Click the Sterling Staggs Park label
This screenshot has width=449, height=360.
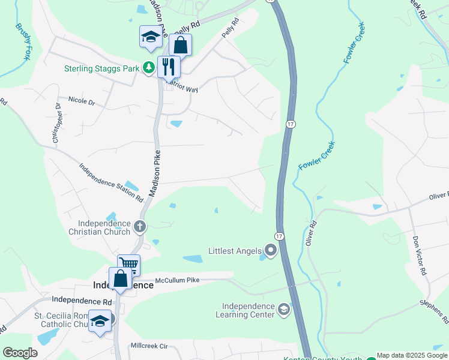[x=102, y=68]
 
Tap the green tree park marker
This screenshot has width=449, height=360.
[x=148, y=68]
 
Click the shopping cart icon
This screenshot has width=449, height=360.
[x=129, y=263]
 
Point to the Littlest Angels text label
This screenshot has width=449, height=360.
[x=235, y=251]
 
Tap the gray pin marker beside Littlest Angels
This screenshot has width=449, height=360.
[x=270, y=251]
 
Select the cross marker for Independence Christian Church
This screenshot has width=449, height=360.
[x=140, y=226]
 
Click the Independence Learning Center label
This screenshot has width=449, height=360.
[x=248, y=310]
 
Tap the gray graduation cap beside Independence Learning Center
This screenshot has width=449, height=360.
[x=283, y=310]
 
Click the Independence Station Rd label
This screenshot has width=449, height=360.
[x=111, y=181]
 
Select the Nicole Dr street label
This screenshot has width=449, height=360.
[x=82, y=101]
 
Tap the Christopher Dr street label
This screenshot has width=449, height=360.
[x=56, y=124]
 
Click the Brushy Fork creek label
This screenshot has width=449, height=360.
[x=23, y=42]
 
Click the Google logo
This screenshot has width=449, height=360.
[x=20, y=353]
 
